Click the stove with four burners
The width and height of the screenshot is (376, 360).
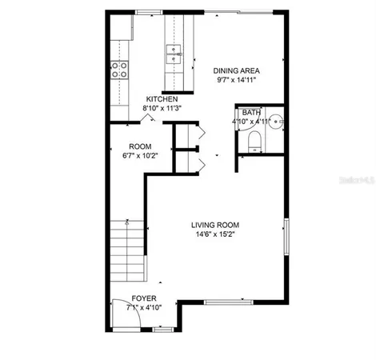click(121, 70)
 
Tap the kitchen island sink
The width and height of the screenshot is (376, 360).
click(175, 54)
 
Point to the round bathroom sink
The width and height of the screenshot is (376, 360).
click(274, 122)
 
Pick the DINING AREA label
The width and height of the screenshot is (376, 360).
click(236, 70)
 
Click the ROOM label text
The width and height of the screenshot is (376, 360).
click(140, 146)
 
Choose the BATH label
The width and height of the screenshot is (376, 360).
click(251, 113)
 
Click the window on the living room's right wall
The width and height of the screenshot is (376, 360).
click(287, 237)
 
